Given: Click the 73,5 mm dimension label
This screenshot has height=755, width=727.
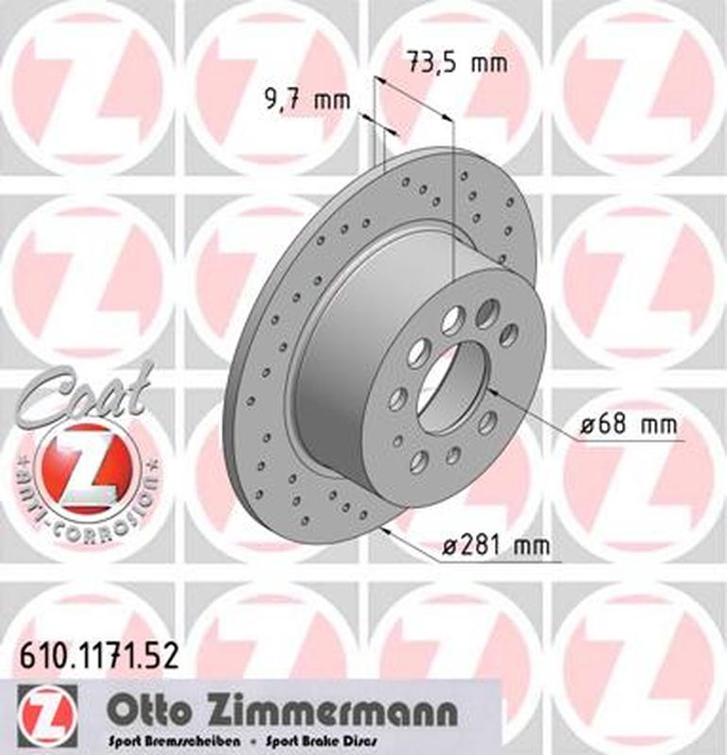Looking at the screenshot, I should click(x=456, y=63).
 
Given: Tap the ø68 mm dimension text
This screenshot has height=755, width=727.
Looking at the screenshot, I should click(x=627, y=426).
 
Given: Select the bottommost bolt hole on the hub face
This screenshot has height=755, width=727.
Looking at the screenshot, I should click(x=419, y=460).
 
